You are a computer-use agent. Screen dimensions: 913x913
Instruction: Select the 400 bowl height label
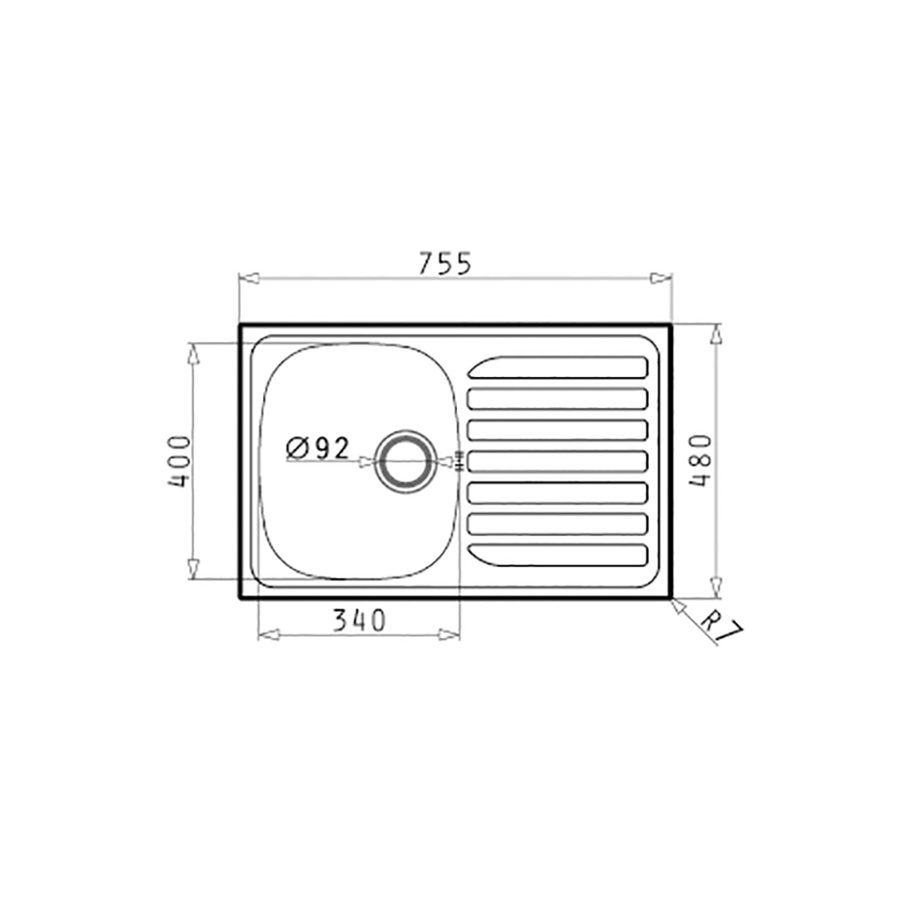[x=180, y=461]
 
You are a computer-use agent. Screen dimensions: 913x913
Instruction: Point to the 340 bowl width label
[x=359, y=620]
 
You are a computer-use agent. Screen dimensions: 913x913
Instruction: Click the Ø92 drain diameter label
[x=318, y=449]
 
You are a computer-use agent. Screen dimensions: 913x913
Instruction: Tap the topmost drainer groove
[x=557, y=367]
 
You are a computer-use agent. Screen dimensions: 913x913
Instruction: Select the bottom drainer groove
[x=557, y=554]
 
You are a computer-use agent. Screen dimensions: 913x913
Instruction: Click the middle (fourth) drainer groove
[x=557, y=461]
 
